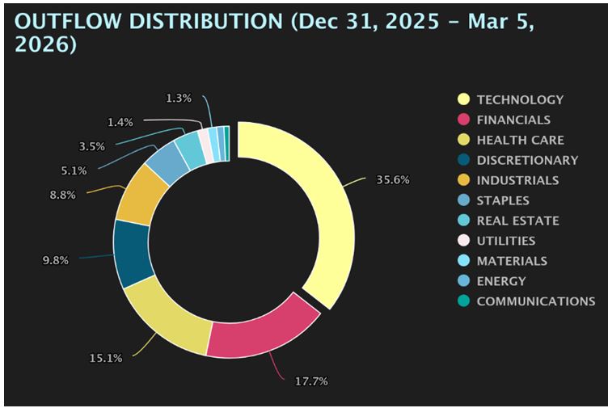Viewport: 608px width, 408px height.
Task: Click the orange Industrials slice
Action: click(x=142, y=194)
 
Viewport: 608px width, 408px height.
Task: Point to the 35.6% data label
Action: click(x=393, y=179)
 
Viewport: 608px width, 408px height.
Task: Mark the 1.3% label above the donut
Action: click(x=178, y=98)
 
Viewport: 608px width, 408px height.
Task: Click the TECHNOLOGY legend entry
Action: click(x=520, y=99)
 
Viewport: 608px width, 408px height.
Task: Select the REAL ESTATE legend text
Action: click(x=517, y=221)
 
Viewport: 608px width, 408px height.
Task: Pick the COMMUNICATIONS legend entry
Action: click(x=535, y=301)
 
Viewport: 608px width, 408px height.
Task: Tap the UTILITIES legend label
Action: click(x=505, y=241)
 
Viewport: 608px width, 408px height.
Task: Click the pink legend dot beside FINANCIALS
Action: click(x=463, y=120)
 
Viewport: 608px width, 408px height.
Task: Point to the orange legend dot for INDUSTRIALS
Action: click(x=463, y=180)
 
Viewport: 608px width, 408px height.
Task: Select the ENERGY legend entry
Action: click(x=500, y=281)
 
